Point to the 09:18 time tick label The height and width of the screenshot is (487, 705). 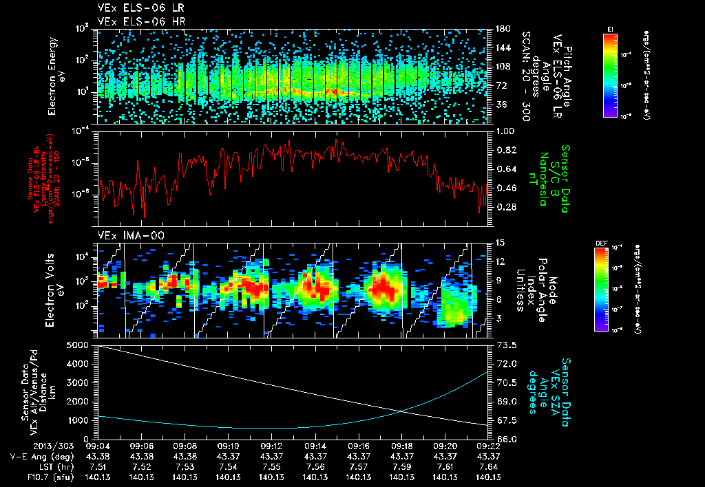[x=401, y=446]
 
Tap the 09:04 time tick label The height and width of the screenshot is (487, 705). [x=99, y=446]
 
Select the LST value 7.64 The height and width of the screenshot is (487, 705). [x=488, y=466]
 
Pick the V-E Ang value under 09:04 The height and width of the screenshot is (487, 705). [x=99, y=457]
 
